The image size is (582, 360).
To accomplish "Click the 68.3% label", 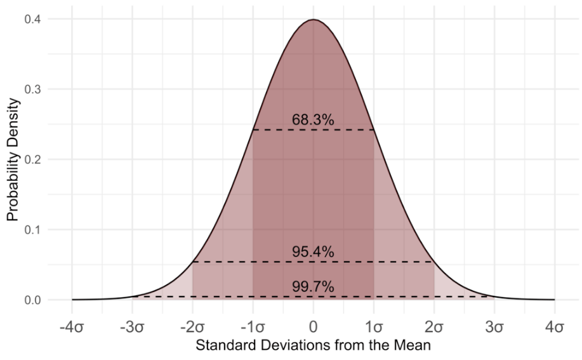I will (x=313, y=119).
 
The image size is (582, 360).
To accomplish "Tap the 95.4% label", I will (x=313, y=251).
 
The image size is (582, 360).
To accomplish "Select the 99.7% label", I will (x=313, y=287).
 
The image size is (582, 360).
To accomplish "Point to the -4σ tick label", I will (x=72, y=328).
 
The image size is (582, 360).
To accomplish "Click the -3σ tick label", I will (x=132, y=328).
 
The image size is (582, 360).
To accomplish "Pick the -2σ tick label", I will (x=192, y=328).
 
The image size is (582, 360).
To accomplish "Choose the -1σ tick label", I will (x=253, y=328).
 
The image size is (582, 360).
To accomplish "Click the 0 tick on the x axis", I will (x=313, y=328).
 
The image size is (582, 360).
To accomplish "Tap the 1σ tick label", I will (x=373, y=328).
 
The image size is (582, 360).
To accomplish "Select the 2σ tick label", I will (x=434, y=328).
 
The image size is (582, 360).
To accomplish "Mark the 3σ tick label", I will (x=494, y=328).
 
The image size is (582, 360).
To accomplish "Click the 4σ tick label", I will (x=555, y=328).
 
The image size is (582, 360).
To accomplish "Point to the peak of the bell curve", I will (x=313, y=20).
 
